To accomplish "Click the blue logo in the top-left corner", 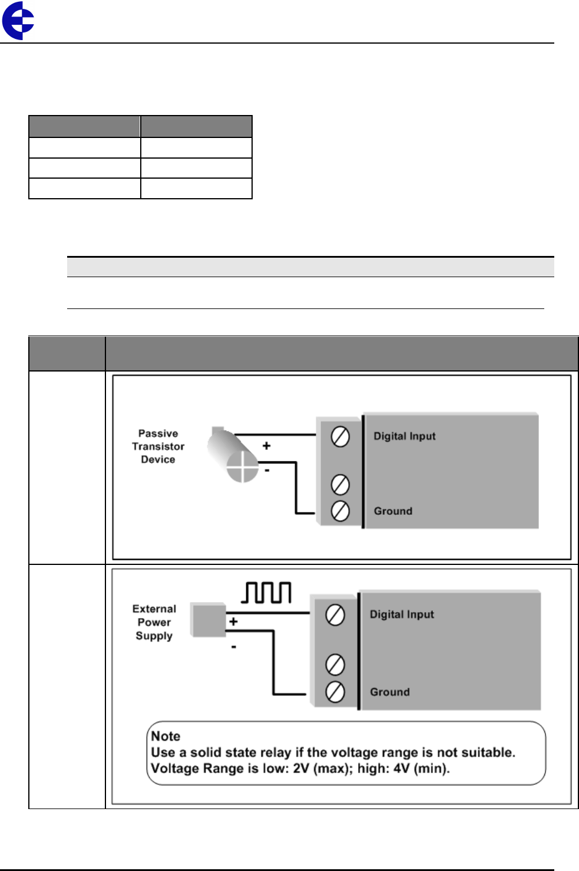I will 18,21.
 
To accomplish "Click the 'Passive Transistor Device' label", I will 158,446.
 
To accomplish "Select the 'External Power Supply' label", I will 154,622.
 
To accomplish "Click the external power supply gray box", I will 208,620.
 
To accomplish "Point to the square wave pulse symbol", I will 267,593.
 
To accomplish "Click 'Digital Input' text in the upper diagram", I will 404,436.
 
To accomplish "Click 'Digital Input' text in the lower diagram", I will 402,614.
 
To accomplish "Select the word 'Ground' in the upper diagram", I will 393,511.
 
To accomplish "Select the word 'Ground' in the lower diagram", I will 389,692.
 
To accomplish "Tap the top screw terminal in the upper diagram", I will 340,437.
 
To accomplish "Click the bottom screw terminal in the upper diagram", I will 340,511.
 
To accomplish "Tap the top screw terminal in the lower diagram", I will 335,615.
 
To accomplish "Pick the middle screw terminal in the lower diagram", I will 335,665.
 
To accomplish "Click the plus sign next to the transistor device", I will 266,446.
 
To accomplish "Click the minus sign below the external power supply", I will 234,648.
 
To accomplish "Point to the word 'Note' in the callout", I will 166,736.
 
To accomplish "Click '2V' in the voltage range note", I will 302,768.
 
